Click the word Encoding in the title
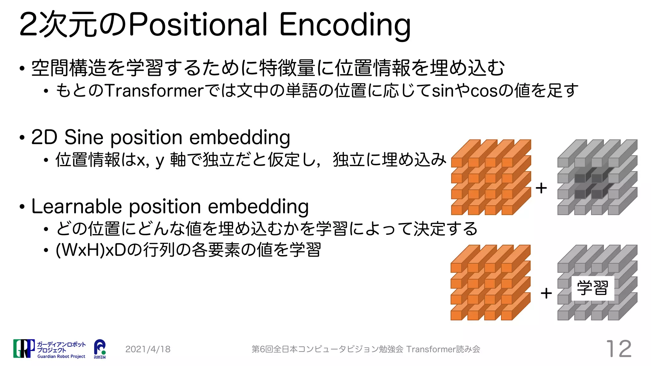click(x=345, y=25)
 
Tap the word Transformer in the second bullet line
click(x=154, y=91)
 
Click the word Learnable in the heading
click(x=76, y=207)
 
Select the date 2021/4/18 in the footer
click(x=148, y=349)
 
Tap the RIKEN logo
click(x=100, y=349)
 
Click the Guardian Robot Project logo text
click(x=61, y=356)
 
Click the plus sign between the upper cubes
click(x=541, y=188)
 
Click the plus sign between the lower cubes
click(x=546, y=293)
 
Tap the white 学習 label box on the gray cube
click(x=593, y=288)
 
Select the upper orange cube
click(x=490, y=177)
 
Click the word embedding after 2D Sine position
click(x=240, y=138)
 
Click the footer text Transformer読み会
click(x=443, y=349)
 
